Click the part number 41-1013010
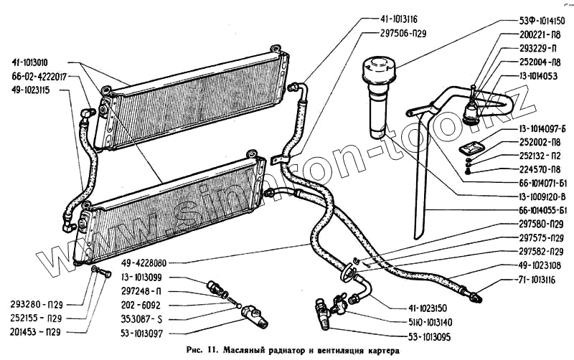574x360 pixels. pos(39,62)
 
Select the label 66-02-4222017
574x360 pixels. pos(39,77)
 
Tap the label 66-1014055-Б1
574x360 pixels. pos(531,210)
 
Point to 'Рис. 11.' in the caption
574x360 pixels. pos(204,351)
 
